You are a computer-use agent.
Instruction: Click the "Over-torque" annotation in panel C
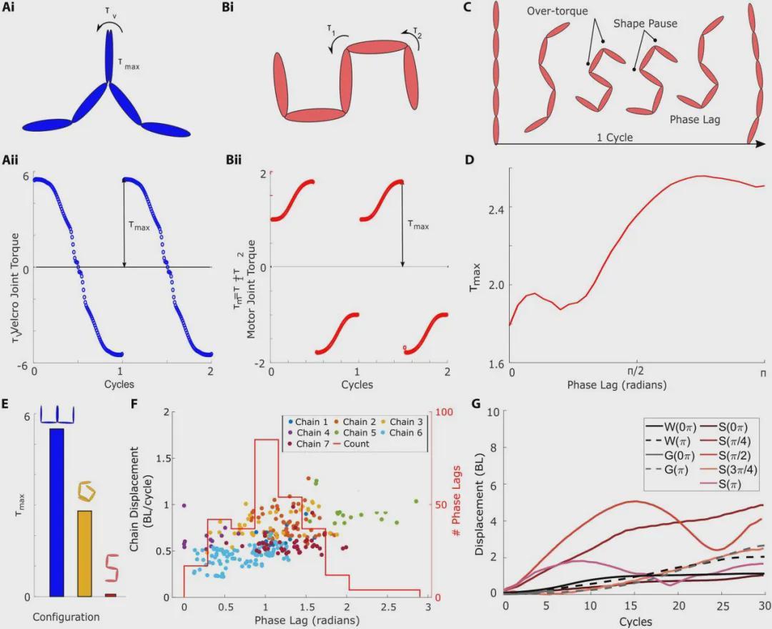pyautogui.click(x=558, y=11)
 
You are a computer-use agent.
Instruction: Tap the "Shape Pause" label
pyautogui.click(x=645, y=24)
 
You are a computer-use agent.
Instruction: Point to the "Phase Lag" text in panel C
pyautogui.click(x=695, y=120)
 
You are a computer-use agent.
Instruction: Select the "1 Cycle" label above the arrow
pyautogui.click(x=615, y=137)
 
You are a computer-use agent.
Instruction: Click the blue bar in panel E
pyautogui.click(x=56, y=512)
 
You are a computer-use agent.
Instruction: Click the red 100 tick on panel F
pyautogui.click(x=444, y=411)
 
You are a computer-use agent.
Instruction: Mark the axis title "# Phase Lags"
pyautogui.click(x=456, y=501)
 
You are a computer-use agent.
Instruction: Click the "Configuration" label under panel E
pyautogui.click(x=66, y=617)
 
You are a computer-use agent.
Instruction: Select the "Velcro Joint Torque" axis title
pyautogui.click(x=15, y=288)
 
